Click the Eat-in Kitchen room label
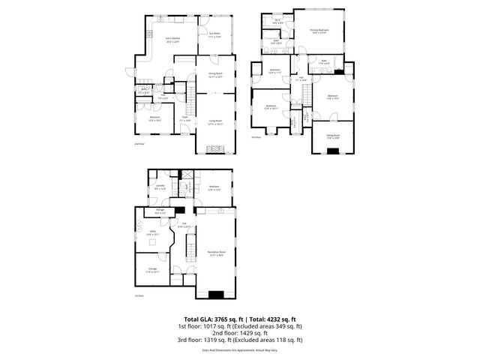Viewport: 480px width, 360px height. pyautogui.click(x=172, y=39)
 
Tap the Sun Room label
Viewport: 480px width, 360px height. pyautogui.click(x=214, y=35)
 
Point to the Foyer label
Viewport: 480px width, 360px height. pyautogui.click(x=185, y=117)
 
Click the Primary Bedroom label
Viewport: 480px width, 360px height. pyautogui.click(x=319, y=31)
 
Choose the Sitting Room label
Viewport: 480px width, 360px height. pyautogui.click(x=333, y=136)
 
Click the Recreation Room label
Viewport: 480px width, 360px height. pyautogui.click(x=217, y=254)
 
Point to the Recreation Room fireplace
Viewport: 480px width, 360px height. pyautogui.click(x=216, y=295)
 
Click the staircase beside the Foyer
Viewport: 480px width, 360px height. pyautogui.click(x=190, y=97)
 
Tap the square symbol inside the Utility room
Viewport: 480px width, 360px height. pyautogui.click(x=154, y=242)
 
